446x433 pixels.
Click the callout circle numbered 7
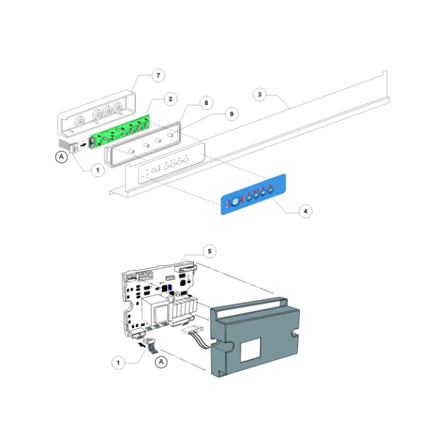point(158,75)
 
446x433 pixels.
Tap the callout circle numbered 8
point(206,103)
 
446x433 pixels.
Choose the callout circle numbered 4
point(305,211)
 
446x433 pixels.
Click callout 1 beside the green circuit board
point(98,170)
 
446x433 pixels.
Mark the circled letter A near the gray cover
point(161,361)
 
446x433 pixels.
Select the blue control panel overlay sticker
point(255,195)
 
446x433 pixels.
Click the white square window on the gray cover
point(251,352)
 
